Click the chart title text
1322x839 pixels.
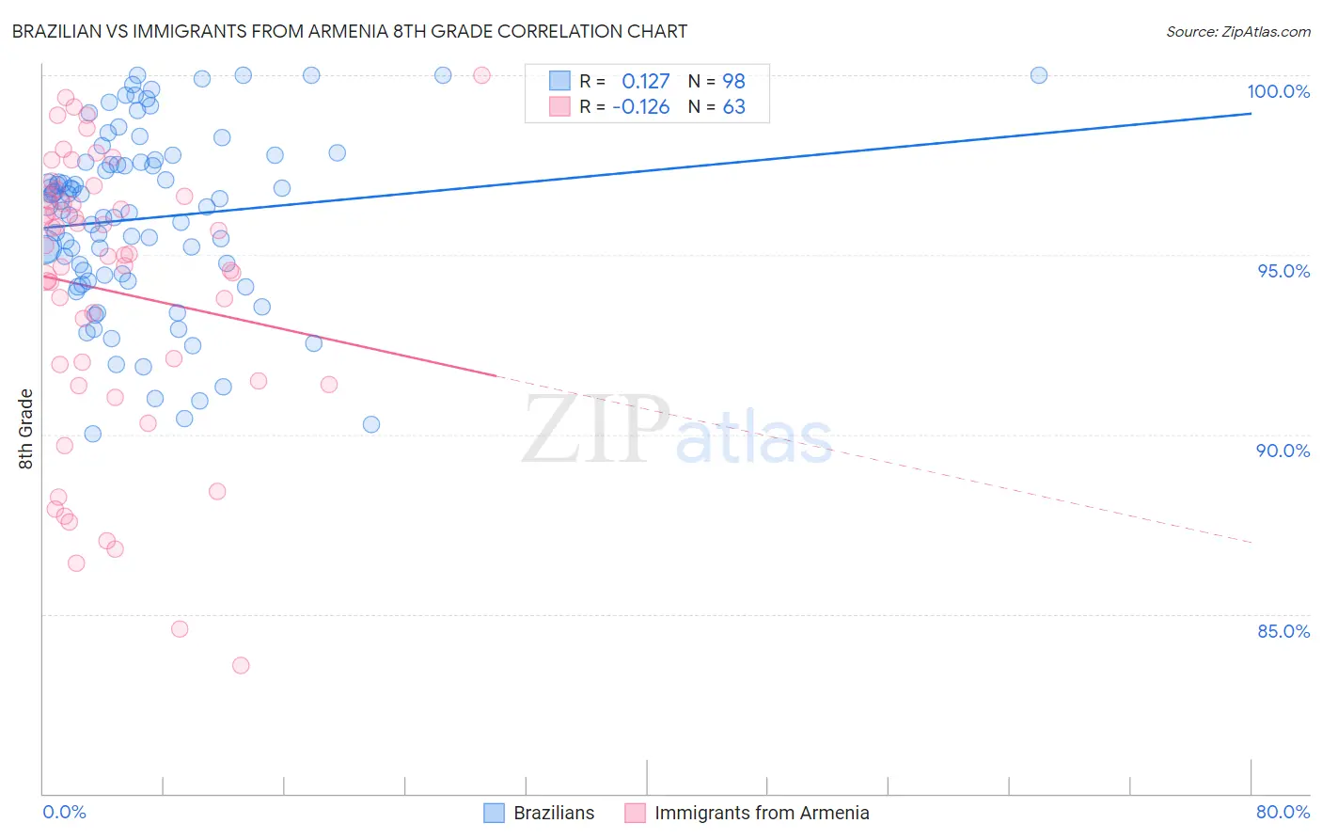(x=349, y=31)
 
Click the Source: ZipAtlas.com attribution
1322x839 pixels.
(x=1237, y=31)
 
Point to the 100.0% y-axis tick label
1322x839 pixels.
(x=1278, y=91)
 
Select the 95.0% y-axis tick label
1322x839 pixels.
(x=1283, y=271)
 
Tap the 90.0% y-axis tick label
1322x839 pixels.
(x=1283, y=451)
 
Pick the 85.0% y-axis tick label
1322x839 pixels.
(x=1283, y=631)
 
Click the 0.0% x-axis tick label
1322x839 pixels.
(x=64, y=812)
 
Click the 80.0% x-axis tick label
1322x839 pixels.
(x=1283, y=812)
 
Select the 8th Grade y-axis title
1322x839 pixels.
(x=26, y=429)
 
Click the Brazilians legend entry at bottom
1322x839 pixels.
(x=554, y=813)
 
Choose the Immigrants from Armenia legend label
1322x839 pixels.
(x=762, y=813)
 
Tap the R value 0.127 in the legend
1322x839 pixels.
(x=646, y=81)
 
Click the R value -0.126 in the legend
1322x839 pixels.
(x=641, y=106)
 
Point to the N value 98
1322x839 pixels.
(x=733, y=81)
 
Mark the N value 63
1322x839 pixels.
(x=733, y=106)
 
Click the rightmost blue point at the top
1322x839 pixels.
(x=1039, y=75)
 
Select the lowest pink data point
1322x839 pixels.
(x=241, y=665)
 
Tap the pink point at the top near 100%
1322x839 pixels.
(x=481, y=75)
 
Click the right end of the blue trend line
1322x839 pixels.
(x=1251, y=113)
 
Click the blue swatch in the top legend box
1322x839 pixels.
(x=560, y=81)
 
